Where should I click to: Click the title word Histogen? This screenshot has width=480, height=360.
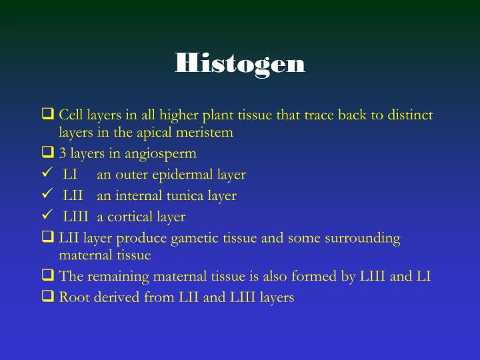click(240, 63)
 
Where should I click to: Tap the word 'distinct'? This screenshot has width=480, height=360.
click(408, 115)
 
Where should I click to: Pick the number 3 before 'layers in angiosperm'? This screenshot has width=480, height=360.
click(63, 153)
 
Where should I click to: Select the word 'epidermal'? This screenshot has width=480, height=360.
click(181, 175)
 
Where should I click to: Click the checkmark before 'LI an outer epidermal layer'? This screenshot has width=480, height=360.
click(47, 174)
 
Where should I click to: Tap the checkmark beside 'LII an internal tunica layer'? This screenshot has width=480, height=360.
click(47, 195)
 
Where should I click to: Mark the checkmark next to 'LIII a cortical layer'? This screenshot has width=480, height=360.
click(47, 216)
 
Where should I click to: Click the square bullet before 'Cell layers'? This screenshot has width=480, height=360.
click(47, 115)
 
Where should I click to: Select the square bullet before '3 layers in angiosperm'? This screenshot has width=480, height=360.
click(47, 153)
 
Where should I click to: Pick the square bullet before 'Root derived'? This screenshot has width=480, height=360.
click(47, 297)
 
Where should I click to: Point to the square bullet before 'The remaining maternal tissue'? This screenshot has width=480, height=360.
click(47, 276)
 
